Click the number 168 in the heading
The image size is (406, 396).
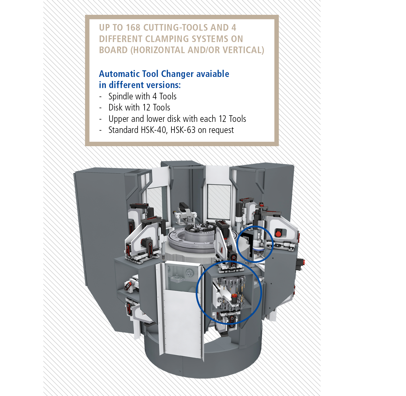tap(133, 28)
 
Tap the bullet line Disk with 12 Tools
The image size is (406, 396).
tap(139, 108)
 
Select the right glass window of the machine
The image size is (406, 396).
tap(219, 201)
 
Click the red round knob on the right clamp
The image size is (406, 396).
tap(278, 234)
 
